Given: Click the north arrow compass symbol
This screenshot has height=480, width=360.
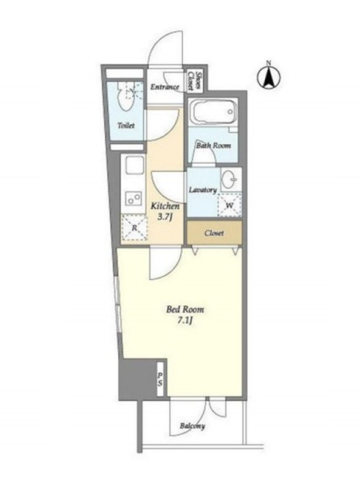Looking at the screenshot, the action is click(x=269, y=77).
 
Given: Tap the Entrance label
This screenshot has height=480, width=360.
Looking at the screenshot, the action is click(x=164, y=87).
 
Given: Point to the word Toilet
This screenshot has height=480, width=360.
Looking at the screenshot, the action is click(x=126, y=125).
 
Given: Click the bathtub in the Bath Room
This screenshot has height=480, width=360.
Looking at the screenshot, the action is click(x=214, y=112).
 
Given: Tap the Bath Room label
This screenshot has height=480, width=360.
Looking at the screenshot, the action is click(x=214, y=146).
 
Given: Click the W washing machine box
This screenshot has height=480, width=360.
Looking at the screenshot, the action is click(x=230, y=205).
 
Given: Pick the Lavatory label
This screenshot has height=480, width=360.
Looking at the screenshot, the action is click(x=203, y=190).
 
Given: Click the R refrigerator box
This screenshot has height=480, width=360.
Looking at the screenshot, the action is click(x=134, y=227).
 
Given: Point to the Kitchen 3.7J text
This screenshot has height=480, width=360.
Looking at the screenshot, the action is click(x=166, y=211).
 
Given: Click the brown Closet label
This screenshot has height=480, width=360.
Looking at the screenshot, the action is click(x=214, y=233).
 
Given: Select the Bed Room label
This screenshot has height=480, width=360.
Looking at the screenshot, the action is click(x=185, y=309).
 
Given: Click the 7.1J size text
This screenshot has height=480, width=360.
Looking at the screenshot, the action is click(x=185, y=321).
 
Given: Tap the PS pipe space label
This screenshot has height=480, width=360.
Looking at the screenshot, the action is click(x=160, y=379).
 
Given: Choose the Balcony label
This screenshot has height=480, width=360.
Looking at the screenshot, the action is click(x=192, y=426).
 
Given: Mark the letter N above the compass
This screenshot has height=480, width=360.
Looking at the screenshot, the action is click(x=268, y=63).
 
